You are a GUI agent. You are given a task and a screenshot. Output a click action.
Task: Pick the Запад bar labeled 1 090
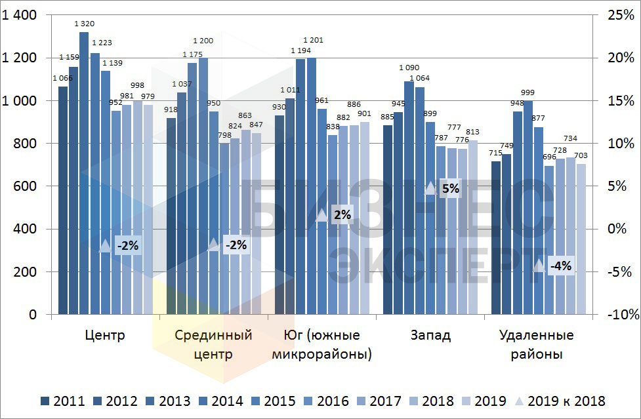point(409,197)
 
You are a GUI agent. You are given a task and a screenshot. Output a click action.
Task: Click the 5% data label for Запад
point(451,189)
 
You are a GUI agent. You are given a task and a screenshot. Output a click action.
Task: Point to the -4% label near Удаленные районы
point(560,266)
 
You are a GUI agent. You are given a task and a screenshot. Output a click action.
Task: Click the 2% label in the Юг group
point(342,214)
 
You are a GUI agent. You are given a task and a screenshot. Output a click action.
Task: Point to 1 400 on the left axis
point(20,15)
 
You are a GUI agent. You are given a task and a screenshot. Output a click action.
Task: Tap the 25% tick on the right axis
point(621,15)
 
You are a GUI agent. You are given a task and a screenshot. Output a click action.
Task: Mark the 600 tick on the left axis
point(24,186)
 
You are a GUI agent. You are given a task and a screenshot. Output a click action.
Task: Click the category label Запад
point(430,336)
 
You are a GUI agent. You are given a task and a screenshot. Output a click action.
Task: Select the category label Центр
point(105,336)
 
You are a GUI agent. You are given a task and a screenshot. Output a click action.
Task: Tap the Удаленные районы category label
point(536,345)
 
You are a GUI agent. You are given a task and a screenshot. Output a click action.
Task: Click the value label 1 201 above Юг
point(313,41)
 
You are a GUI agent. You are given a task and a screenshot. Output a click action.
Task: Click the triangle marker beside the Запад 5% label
point(430,188)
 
